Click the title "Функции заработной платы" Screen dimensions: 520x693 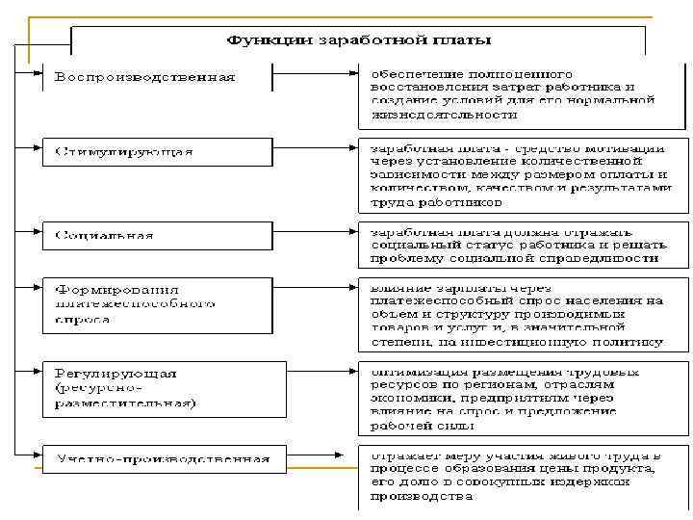coord(358,40)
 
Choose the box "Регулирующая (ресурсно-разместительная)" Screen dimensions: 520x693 coord(164,387)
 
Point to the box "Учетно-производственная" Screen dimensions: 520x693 coord(164,457)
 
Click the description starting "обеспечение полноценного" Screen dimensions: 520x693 coord(524,93)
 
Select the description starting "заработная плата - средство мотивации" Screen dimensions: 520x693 coord(524,175)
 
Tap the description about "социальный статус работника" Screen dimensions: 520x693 coord(524,245)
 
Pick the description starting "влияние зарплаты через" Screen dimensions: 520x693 coord(524,314)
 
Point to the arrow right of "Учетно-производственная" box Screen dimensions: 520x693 coord(321,457)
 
